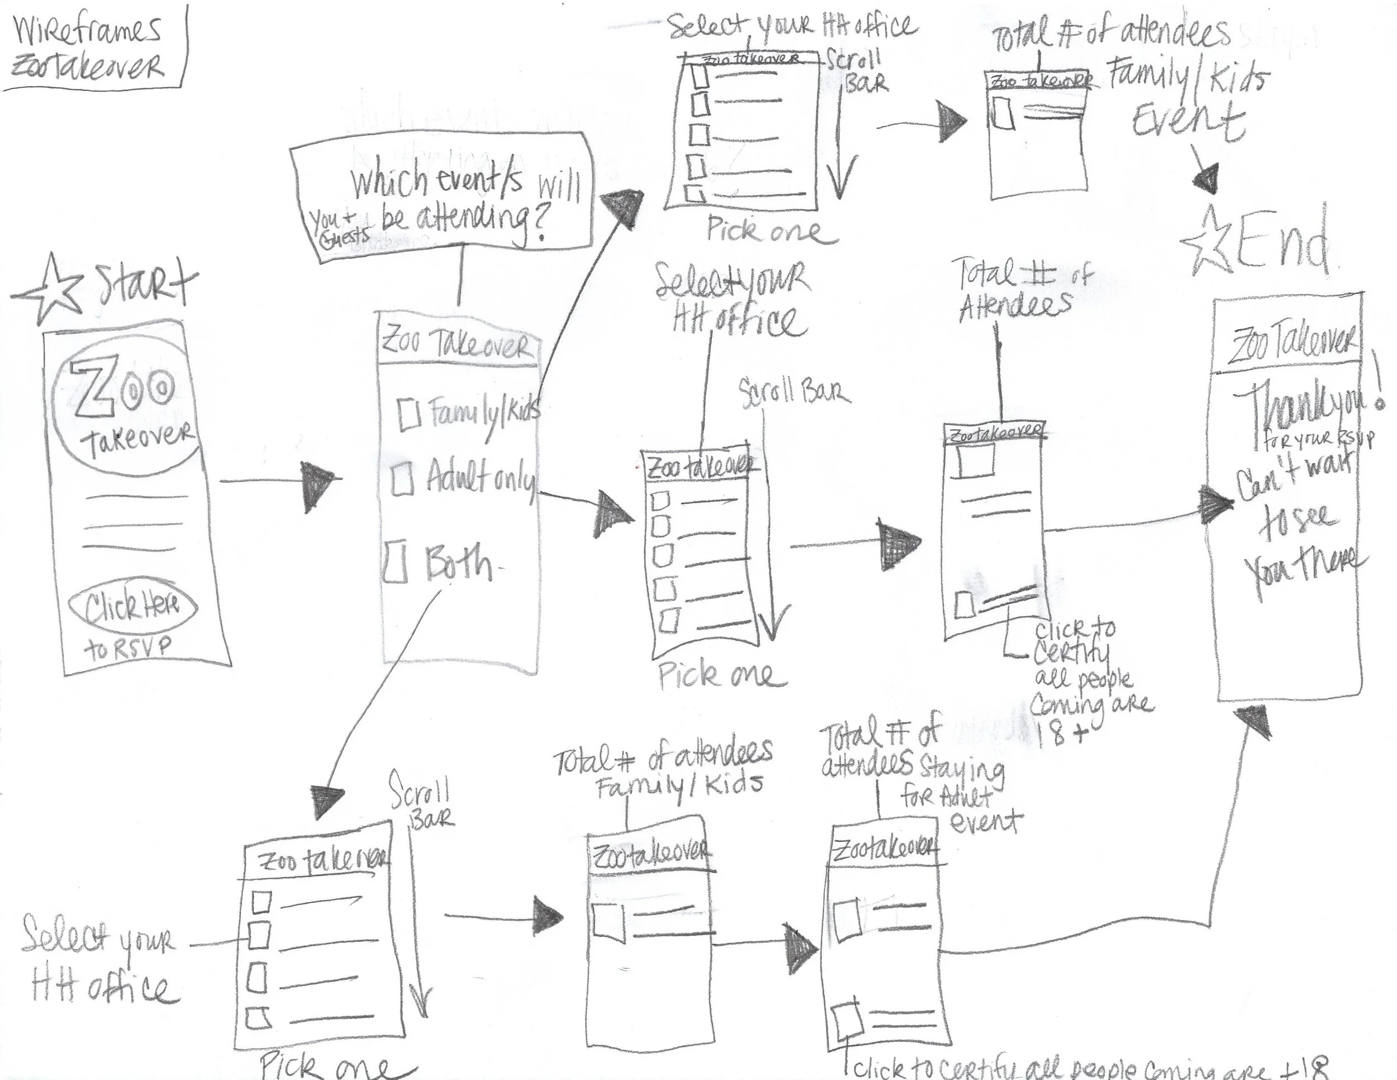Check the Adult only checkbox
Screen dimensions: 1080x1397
402,479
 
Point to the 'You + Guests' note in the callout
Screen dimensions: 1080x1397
340,227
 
